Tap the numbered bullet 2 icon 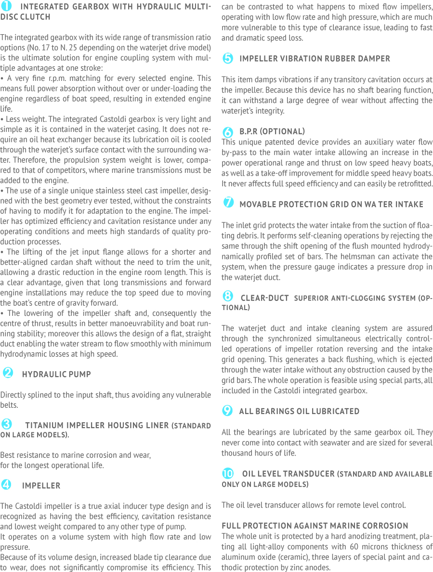pyautogui.click(x=8, y=373)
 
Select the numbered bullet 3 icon pyautogui.click(x=7, y=424)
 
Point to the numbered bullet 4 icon pyautogui.click(x=7, y=484)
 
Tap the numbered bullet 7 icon pyautogui.click(x=228, y=203)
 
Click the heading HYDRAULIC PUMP pyautogui.click(x=56, y=374)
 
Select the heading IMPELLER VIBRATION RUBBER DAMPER pyautogui.click(x=315, y=59)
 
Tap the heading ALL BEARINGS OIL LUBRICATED pyautogui.click(x=299, y=411)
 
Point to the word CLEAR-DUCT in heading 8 pyautogui.click(x=264, y=298)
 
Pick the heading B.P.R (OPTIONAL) pyautogui.click(x=272, y=131)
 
